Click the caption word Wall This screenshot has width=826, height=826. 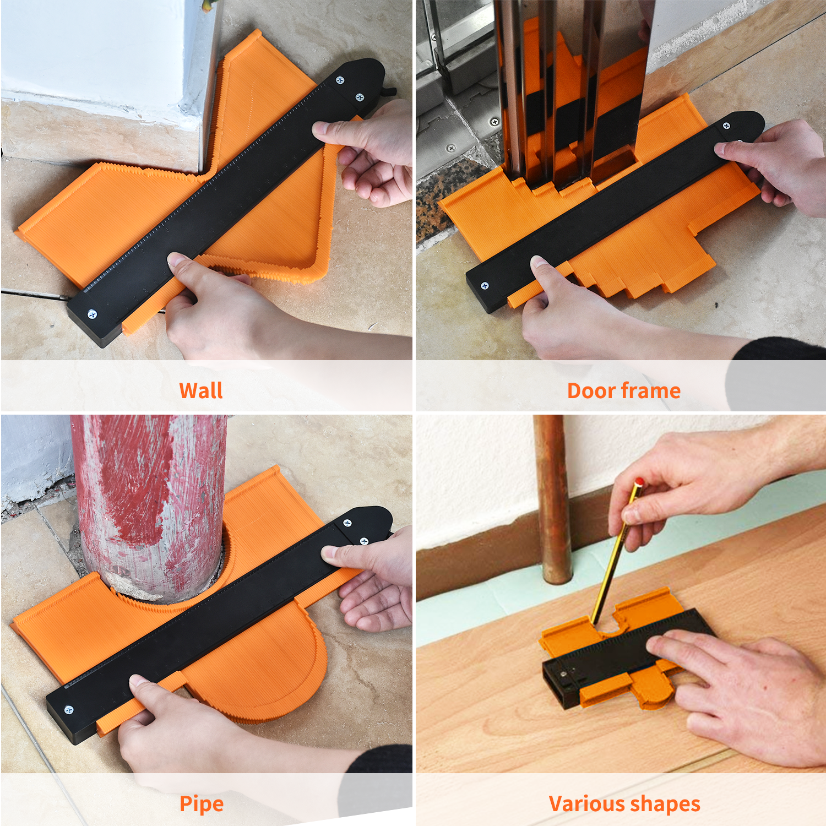(x=201, y=390)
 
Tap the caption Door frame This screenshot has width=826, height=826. (x=624, y=390)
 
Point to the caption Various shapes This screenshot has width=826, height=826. (x=624, y=804)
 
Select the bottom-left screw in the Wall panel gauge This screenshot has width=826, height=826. (x=92, y=314)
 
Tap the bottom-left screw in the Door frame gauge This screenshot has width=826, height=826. (x=485, y=285)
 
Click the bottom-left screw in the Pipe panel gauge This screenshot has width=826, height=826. (x=69, y=710)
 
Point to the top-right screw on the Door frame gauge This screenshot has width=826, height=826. (x=726, y=126)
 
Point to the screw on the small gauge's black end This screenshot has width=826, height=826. (x=563, y=673)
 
